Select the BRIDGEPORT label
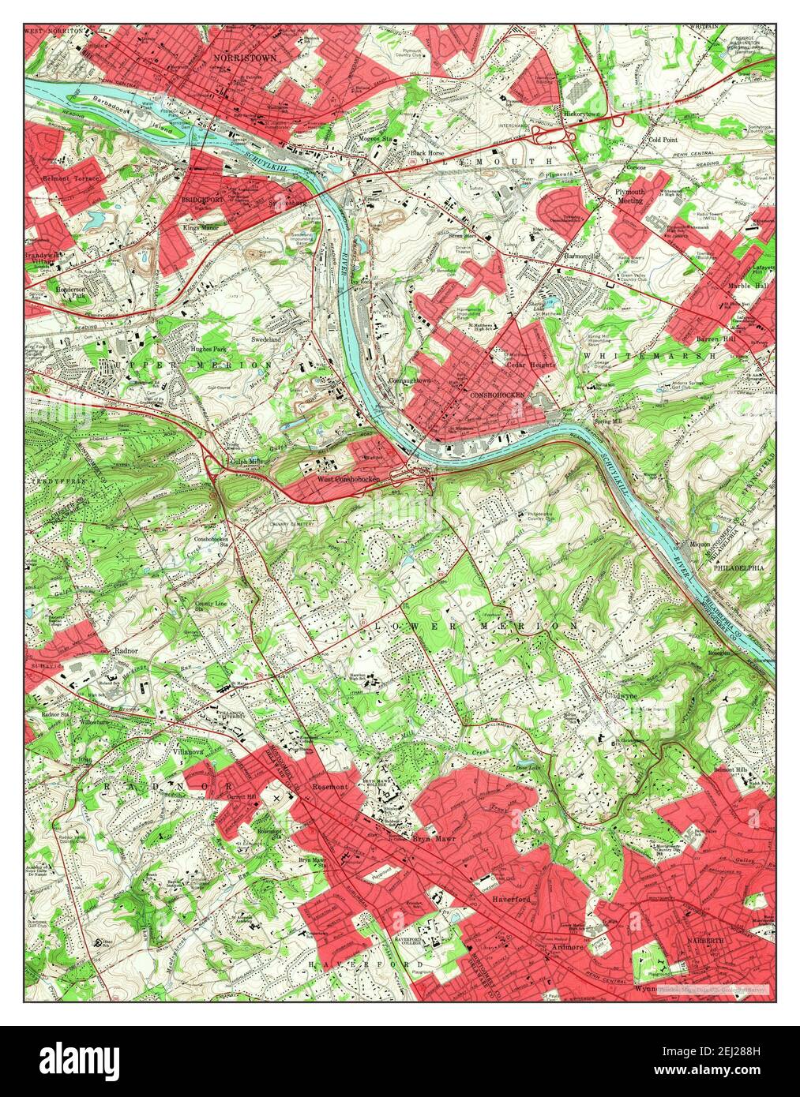204,200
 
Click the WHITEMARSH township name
649,357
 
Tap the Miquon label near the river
700,543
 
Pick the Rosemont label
330,787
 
